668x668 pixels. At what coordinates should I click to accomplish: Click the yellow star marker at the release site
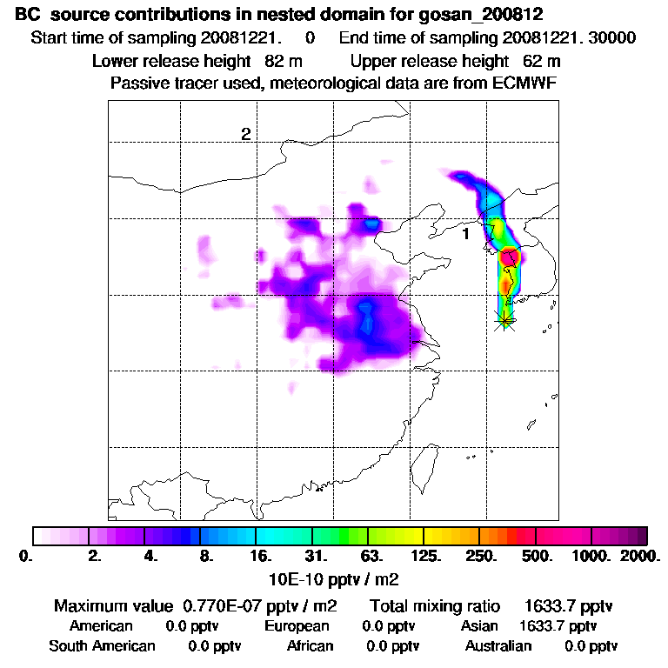point(504,320)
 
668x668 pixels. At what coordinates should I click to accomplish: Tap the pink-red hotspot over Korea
point(510,257)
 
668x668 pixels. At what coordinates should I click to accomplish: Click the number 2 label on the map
point(246,134)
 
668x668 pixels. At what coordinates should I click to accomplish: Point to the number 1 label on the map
point(465,234)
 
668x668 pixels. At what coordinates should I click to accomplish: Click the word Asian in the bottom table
point(479,626)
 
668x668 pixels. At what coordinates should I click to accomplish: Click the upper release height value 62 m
point(542,61)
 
